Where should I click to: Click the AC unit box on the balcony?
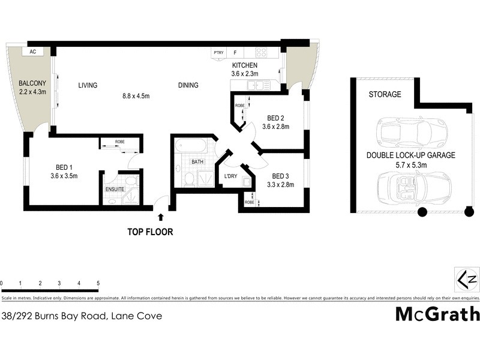click(x=33, y=52)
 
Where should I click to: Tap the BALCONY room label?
click(x=32, y=83)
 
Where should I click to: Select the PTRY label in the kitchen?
click(x=218, y=53)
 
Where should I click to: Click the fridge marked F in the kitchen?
click(x=235, y=53)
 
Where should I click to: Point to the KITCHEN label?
click(x=244, y=65)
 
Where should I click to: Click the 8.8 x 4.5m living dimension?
click(x=135, y=95)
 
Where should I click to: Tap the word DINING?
click(x=188, y=85)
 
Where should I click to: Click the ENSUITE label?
click(x=115, y=189)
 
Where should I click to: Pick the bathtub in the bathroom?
click(x=191, y=147)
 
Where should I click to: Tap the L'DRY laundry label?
click(x=230, y=176)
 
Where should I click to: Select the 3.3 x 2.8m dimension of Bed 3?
click(x=280, y=185)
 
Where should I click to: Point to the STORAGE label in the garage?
click(x=385, y=94)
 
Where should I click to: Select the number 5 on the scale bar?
click(x=98, y=283)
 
